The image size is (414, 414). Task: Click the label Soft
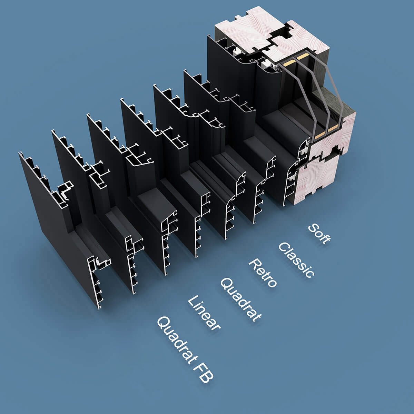coord(319,234)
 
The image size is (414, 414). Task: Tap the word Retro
coord(263,273)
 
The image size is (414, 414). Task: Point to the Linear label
coord(204,313)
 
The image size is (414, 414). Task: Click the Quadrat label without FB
coord(241,300)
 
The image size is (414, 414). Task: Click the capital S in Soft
coord(313,228)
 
